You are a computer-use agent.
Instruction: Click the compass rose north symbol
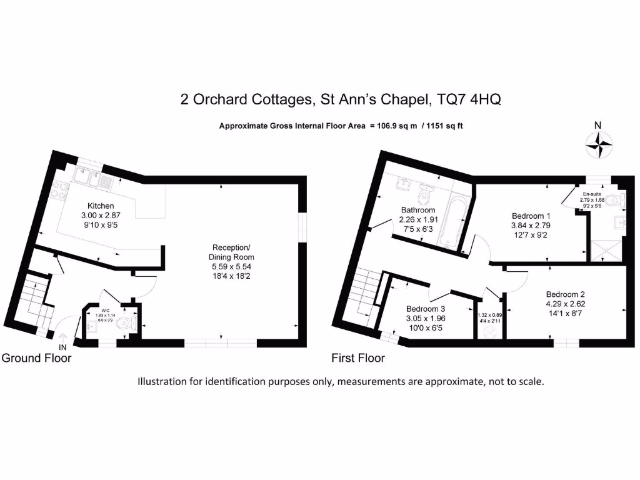click(598, 145)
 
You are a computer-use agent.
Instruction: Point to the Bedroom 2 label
click(565, 294)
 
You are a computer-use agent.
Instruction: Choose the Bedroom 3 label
click(426, 309)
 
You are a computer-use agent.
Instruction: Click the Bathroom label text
click(418, 210)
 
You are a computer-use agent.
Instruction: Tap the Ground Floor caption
click(36, 358)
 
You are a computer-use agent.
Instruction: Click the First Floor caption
click(357, 358)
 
